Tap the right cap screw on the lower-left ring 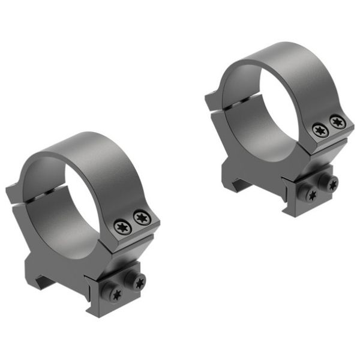(x=141, y=217)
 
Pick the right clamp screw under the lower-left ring (x=139, y=281)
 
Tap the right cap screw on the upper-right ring (x=337, y=122)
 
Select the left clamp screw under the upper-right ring (x=311, y=194)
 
